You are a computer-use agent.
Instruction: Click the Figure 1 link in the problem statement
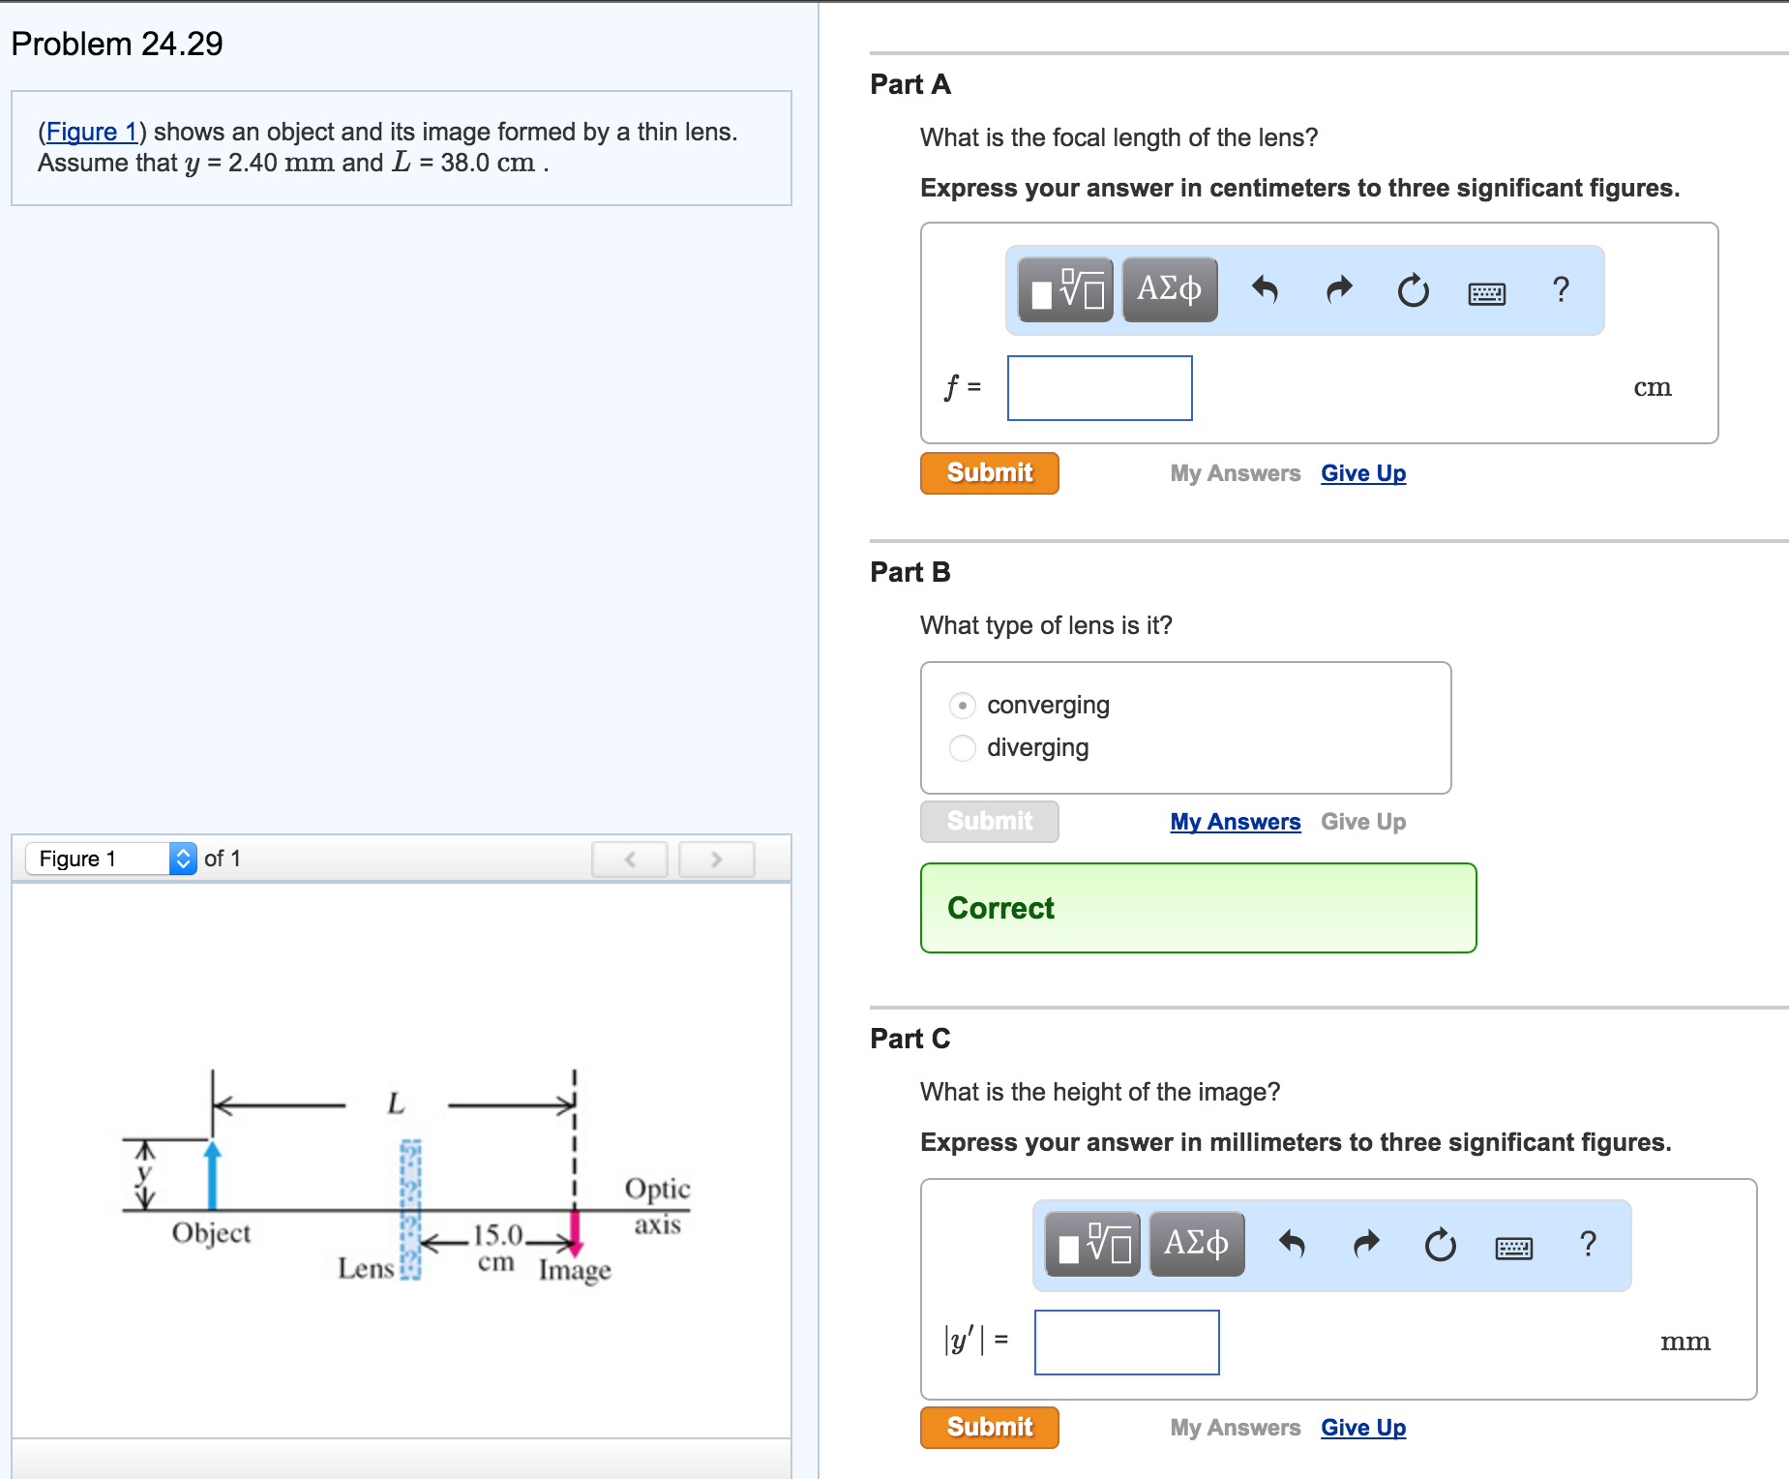(x=92, y=132)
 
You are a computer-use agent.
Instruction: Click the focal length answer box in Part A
(x=1099, y=388)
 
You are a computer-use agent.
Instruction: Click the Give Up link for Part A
(x=1363, y=473)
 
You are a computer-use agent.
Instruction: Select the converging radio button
(x=963, y=706)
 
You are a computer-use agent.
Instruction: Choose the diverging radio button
(x=963, y=748)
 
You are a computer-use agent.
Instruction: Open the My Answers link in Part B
(x=1235, y=822)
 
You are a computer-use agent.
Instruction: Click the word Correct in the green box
(x=1000, y=908)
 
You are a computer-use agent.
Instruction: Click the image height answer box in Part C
(x=1126, y=1343)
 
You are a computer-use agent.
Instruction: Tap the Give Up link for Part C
(x=1363, y=1428)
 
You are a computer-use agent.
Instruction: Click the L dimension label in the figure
(x=396, y=1103)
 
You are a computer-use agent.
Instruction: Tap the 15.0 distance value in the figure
(x=497, y=1235)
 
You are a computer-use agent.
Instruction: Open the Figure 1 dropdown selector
(x=111, y=859)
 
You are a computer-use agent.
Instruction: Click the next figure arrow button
(x=716, y=859)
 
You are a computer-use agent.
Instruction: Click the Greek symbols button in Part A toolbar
(x=1169, y=289)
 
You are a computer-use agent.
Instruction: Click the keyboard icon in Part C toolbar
(x=1513, y=1248)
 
